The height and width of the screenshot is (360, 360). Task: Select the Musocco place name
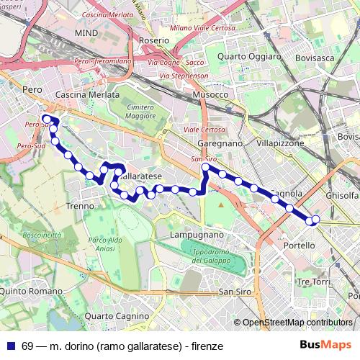(210, 94)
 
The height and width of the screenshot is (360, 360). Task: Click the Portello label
(300, 246)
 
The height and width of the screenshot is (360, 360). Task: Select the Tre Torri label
(312, 281)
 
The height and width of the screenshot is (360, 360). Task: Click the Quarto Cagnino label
(116, 316)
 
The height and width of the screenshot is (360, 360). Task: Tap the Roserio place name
(154, 40)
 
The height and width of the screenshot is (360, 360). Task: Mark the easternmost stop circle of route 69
(315, 220)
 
